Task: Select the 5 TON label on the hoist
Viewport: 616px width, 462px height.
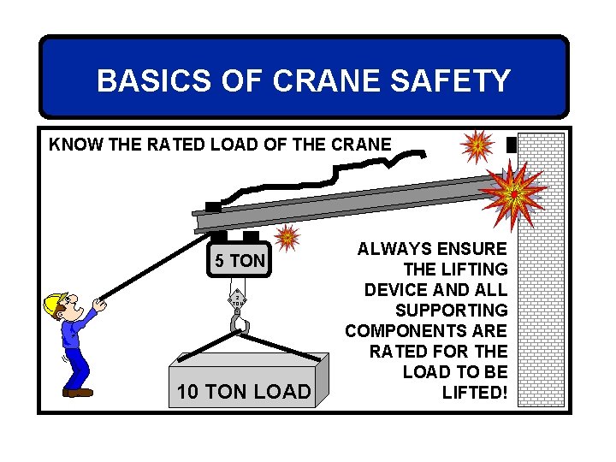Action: tap(240, 260)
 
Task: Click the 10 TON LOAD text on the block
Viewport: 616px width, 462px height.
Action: tap(243, 392)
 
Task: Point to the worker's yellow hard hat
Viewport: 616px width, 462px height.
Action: tap(56, 302)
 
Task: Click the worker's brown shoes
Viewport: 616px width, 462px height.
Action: tap(78, 392)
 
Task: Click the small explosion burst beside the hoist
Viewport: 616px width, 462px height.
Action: tap(287, 236)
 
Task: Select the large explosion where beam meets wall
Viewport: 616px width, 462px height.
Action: tap(514, 193)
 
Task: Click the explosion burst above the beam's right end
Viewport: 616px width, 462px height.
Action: tap(477, 145)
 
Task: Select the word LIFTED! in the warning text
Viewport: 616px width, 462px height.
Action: tap(475, 393)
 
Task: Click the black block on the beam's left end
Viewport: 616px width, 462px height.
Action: tap(212, 207)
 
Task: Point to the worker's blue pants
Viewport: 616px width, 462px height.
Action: tap(77, 364)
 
